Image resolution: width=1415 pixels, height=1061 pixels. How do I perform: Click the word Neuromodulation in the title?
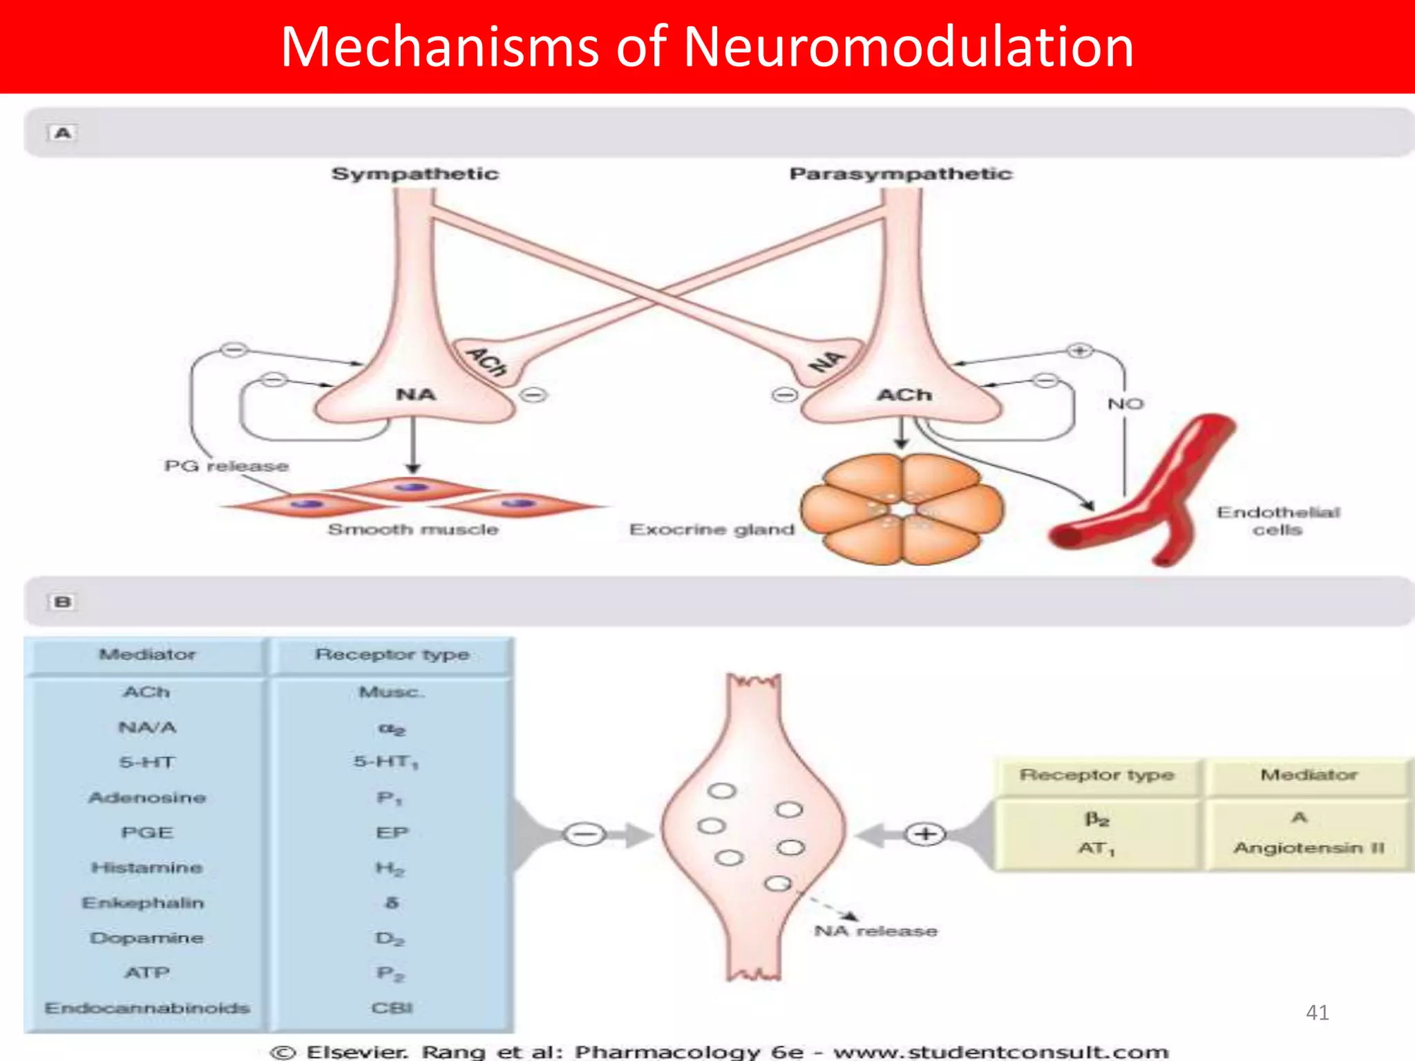[908, 47]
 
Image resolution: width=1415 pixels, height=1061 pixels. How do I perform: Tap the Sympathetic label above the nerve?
[415, 173]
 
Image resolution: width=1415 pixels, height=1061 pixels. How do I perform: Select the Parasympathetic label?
[900, 173]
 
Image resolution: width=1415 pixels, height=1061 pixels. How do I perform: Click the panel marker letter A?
[62, 133]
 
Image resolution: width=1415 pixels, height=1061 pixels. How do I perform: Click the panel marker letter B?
[62, 602]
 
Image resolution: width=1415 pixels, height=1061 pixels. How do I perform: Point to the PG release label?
[226, 466]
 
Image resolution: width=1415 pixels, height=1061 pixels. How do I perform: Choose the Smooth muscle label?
[412, 530]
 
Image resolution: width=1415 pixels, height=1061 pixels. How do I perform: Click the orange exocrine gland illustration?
[901, 509]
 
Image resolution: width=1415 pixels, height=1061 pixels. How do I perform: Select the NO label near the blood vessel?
[1126, 404]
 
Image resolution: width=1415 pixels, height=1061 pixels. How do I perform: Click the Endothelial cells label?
[1278, 521]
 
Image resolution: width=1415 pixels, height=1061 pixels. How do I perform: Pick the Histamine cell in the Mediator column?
[146, 868]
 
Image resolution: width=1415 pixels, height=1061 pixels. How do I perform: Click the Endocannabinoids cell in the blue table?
[147, 1009]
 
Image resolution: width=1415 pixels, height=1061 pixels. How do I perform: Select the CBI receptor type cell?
[392, 1009]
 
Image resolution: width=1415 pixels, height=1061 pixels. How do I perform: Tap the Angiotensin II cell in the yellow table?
[1309, 848]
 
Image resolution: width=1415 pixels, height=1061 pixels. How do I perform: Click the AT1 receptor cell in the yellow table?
[1096, 848]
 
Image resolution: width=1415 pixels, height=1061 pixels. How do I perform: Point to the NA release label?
[875, 931]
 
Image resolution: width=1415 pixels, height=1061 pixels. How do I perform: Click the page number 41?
[1317, 1013]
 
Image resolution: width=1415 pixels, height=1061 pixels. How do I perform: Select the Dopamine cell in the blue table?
[146, 938]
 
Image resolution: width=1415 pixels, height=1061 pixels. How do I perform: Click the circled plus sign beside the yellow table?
[925, 834]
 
